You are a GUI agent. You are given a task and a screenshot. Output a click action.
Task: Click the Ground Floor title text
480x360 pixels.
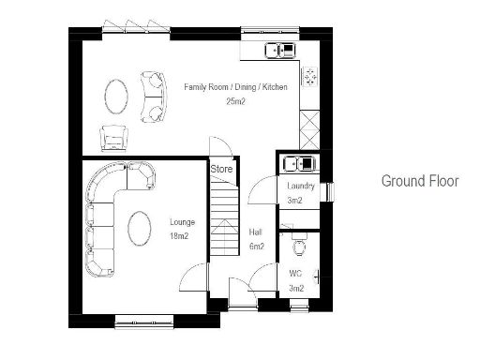420,181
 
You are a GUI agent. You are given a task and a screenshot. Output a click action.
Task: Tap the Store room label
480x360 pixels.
221,169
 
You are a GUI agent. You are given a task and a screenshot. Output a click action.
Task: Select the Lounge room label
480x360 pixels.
182,222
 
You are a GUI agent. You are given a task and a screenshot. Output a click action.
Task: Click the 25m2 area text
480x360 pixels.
235,101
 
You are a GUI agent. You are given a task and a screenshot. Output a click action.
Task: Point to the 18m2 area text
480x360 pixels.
179,237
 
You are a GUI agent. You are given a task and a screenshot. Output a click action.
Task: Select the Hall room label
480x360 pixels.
254,232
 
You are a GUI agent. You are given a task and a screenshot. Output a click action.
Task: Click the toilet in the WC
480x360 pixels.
298,247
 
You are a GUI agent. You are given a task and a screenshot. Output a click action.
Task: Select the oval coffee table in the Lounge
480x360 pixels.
138,228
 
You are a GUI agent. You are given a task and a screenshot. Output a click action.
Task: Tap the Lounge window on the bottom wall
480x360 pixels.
145,322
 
